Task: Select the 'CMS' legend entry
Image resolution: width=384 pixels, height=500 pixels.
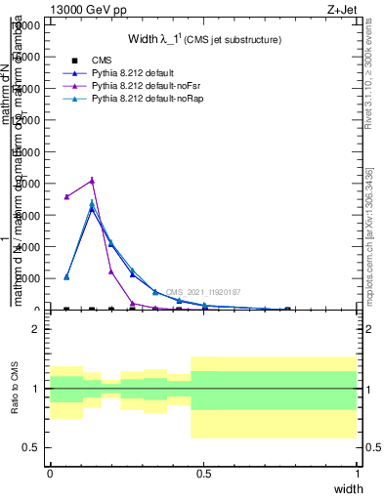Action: point(101,61)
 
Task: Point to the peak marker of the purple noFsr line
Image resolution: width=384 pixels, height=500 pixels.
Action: point(92,180)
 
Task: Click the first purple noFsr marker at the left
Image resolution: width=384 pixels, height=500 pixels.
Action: point(66,196)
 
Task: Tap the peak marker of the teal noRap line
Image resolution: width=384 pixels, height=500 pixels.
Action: point(92,203)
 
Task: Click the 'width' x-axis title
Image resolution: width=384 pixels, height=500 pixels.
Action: point(348,488)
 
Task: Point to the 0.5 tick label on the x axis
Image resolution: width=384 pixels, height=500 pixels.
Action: point(204,474)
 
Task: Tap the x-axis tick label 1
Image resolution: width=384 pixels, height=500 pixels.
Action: point(359,474)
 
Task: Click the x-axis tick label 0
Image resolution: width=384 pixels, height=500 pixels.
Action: point(50,474)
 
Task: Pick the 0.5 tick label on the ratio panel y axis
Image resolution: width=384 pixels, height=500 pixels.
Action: point(31,447)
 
